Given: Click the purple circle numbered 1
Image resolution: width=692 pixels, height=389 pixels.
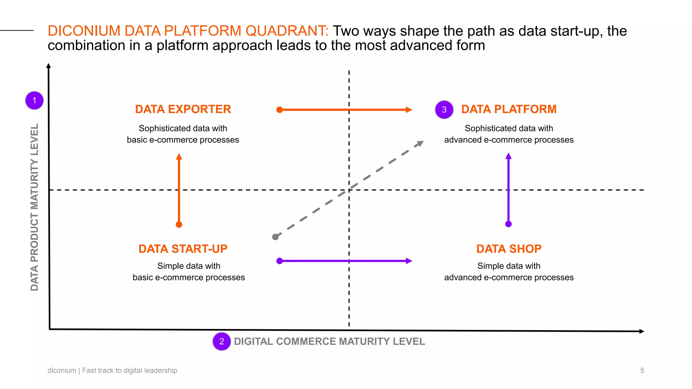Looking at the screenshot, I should click(34, 100).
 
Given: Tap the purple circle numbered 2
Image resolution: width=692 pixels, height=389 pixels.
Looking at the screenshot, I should click(222, 341).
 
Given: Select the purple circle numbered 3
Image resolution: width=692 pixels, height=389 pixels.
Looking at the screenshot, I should click(444, 109).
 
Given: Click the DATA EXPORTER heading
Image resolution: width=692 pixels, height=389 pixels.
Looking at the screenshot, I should click(183, 109).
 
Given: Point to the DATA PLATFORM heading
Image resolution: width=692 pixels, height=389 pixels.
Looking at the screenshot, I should click(509, 109).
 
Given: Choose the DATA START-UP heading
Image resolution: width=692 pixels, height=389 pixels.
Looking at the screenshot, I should click(183, 249).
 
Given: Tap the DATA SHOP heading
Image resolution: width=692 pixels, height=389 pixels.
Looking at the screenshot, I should click(509, 249).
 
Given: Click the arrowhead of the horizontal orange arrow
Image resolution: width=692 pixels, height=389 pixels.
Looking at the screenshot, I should click(409, 110).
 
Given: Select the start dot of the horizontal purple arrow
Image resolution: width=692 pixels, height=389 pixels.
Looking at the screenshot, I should click(279, 261).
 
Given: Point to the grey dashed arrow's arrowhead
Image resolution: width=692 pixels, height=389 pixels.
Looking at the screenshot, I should click(420, 143).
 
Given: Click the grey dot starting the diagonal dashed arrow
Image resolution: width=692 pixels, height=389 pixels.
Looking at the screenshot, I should click(275, 237).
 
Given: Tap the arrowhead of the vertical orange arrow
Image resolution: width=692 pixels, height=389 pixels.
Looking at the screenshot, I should click(179, 156).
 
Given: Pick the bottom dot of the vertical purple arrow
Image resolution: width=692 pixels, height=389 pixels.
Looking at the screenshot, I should click(508, 224).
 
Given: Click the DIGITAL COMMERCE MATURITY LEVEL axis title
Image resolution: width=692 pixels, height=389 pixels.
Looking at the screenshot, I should click(329, 341).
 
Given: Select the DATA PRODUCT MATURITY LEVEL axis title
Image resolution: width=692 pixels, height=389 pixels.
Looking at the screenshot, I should click(34, 207).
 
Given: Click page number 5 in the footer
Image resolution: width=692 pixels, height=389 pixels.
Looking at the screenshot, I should click(642, 370).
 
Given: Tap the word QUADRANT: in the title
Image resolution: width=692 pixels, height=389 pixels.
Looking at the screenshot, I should click(287, 31).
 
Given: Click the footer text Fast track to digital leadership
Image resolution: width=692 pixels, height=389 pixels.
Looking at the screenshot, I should click(129, 370).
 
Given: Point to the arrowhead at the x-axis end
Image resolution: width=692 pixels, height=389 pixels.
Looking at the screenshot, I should click(642, 331).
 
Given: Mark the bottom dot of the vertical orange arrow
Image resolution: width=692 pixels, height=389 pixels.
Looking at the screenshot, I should click(179, 225).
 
